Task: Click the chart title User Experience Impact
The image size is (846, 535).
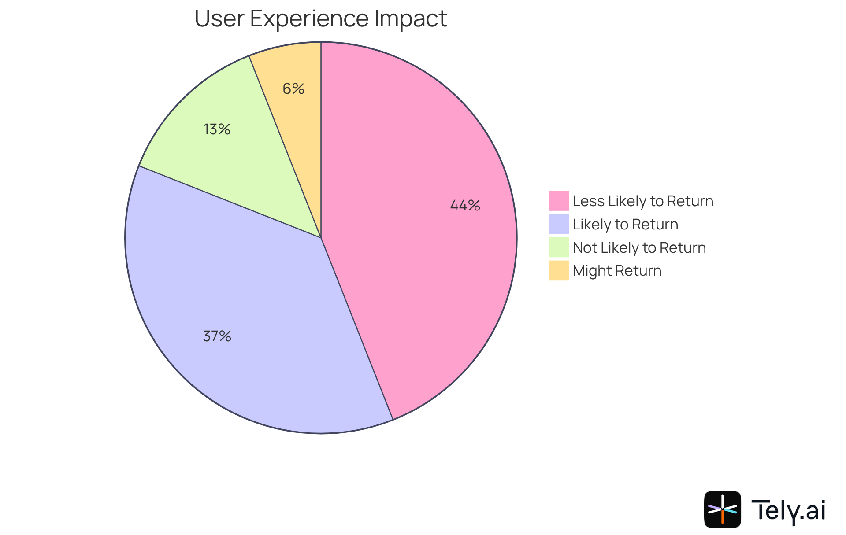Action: (320, 18)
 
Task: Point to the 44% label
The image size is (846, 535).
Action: (465, 205)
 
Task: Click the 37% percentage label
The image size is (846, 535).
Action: (217, 336)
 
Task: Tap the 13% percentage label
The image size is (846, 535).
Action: (217, 129)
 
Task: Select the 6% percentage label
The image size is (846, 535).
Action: (293, 89)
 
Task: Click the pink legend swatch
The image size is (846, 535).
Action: (558, 201)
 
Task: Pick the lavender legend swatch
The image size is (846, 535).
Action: (558, 224)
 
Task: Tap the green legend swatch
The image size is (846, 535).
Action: (558, 247)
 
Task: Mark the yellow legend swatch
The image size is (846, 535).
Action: (558, 270)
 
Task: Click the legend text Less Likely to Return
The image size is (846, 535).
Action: (643, 201)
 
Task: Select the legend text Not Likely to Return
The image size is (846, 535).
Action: (639, 248)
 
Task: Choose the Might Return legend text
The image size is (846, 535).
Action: (617, 271)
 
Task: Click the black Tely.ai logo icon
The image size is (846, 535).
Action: (722, 509)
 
